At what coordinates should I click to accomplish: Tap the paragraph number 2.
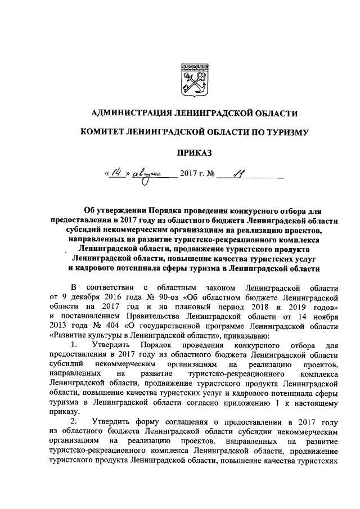(73, 422)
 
